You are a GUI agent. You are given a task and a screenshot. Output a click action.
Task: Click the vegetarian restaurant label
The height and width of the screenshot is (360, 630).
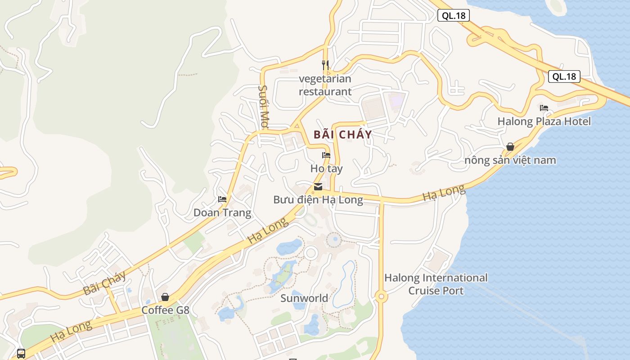325,85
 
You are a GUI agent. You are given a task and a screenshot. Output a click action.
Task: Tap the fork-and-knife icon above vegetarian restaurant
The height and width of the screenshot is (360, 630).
325,65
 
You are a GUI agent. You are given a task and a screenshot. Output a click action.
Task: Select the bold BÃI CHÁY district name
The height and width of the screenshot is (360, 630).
343,134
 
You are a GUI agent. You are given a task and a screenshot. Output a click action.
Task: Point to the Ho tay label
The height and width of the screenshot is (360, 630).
326,169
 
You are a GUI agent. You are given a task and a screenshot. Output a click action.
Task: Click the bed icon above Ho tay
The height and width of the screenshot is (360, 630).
326,155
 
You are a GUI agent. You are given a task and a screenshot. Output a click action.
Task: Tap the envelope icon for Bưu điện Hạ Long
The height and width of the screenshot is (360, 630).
318,187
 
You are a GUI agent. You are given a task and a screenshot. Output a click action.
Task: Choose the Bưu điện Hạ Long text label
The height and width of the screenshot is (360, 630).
318,199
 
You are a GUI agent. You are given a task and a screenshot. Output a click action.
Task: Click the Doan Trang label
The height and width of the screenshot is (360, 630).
222,212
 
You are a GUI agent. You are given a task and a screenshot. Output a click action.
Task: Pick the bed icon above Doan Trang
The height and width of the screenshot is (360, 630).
222,199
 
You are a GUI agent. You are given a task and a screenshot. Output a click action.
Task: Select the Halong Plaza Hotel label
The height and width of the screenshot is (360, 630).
544,121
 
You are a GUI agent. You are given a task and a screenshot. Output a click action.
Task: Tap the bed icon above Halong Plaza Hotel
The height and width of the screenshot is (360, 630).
544,108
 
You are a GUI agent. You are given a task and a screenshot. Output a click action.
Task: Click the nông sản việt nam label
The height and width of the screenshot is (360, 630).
510,160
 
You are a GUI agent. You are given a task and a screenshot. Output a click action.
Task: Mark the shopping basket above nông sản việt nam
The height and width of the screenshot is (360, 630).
510,147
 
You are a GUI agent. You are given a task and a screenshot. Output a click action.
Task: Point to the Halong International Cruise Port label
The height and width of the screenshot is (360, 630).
436,284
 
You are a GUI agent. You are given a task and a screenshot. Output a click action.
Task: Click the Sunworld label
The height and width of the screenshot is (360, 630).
304,298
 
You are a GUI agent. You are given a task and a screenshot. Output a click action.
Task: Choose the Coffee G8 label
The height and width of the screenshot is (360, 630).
165,310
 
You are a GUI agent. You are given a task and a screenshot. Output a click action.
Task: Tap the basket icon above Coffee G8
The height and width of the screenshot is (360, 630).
165,297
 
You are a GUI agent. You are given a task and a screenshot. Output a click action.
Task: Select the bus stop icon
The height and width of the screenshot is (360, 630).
21,353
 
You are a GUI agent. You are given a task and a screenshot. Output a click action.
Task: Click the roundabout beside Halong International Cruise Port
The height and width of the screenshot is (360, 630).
381,296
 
